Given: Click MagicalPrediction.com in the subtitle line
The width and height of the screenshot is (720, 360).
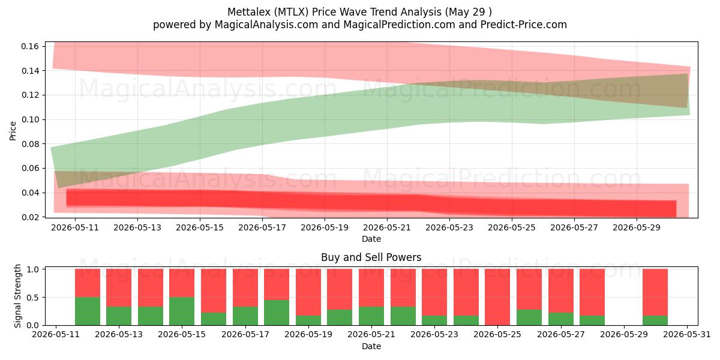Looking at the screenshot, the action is (399, 25).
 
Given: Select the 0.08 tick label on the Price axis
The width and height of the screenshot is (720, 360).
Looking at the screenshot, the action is (30, 144).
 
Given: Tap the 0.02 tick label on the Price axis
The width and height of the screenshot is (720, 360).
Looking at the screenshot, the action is (30, 217).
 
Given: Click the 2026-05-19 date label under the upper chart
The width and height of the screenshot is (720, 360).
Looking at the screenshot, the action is (325, 227).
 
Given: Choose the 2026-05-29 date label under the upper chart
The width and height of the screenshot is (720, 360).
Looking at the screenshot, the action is (637, 227).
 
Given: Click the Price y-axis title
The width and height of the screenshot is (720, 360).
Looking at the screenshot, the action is (13, 131).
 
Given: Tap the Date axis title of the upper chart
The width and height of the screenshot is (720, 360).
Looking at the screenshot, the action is (371, 239).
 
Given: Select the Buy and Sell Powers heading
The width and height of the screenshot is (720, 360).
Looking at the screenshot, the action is (371, 257).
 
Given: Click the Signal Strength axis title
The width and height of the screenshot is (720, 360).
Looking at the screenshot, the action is (17, 296).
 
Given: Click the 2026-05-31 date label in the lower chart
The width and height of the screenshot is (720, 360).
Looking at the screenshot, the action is (687, 335).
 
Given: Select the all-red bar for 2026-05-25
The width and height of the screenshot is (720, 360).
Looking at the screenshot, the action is (497, 297).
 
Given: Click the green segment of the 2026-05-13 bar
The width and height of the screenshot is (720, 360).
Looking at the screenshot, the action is (119, 316).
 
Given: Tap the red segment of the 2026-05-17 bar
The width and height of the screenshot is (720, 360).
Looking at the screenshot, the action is (245, 287).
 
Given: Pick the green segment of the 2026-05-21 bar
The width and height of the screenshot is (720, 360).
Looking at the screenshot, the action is (371, 316).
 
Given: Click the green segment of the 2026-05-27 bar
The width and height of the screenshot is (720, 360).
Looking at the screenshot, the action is (561, 319).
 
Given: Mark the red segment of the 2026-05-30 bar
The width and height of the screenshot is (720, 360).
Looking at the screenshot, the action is (655, 292).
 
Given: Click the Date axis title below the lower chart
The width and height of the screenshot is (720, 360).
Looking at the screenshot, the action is (371, 346).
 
